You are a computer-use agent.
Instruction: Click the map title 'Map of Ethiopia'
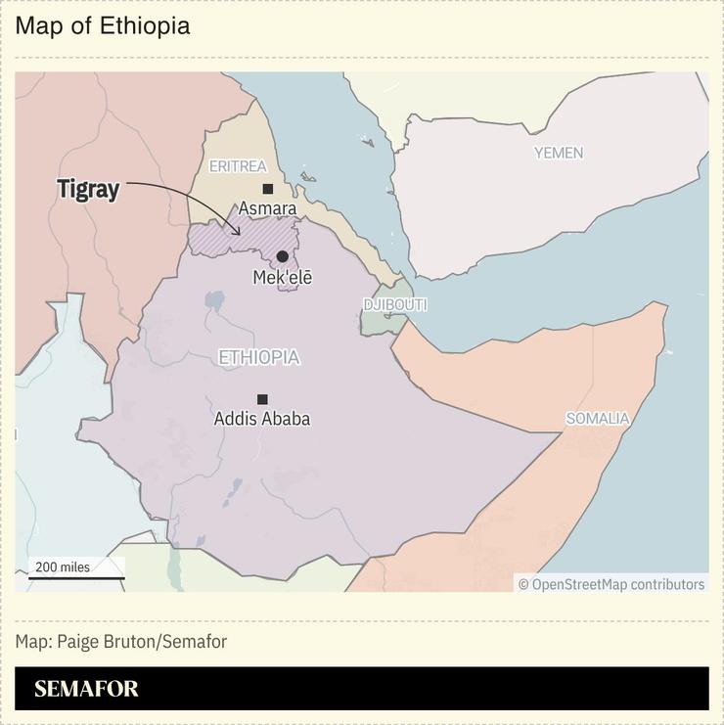[x=103, y=26]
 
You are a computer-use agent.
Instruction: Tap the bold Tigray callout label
[x=88, y=190]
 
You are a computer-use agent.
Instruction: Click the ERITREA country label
[x=238, y=166]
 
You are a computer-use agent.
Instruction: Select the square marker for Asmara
[x=267, y=189]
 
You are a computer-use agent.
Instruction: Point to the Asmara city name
[x=267, y=208]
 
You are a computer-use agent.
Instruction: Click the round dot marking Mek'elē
[x=282, y=256]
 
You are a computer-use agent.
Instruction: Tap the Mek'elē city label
[x=282, y=277]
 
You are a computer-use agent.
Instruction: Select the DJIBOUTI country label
[x=395, y=305]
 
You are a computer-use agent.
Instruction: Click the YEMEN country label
[x=558, y=153]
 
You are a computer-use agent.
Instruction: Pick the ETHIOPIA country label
[x=258, y=358]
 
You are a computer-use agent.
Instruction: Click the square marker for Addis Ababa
[x=262, y=399]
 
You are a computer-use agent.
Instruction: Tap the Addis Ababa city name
[x=262, y=419]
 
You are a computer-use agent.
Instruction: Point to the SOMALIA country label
[x=597, y=419]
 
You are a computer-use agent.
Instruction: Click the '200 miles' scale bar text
[x=63, y=566]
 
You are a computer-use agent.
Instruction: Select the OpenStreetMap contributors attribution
[x=611, y=584]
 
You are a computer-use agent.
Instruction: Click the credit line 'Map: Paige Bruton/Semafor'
[x=120, y=642]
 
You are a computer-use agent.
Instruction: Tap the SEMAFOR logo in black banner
[x=86, y=689]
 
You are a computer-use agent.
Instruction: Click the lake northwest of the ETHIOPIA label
[x=214, y=299]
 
